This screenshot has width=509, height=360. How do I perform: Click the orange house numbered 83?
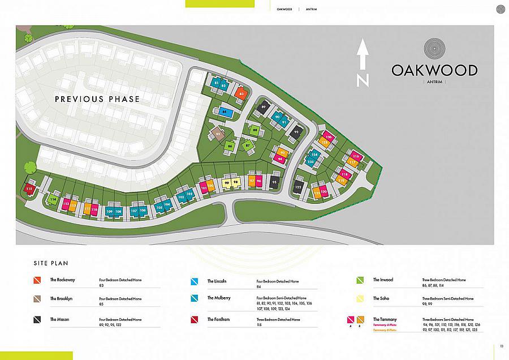(x=241, y=93)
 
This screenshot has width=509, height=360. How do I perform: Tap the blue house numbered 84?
(x=225, y=112)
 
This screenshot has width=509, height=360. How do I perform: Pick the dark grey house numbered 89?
(x=264, y=106)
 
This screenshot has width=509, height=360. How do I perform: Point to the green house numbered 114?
(x=54, y=199)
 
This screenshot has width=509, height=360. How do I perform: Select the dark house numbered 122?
(x=298, y=187)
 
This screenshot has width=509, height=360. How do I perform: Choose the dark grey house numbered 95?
(x=274, y=182)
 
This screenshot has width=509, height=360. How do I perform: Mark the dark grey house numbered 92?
(x=296, y=132)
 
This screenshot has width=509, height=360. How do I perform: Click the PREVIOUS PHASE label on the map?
(x=97, y=99)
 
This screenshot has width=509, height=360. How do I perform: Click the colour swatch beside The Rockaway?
(x=37, y=281)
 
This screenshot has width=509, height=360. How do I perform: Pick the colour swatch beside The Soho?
(x=360, y=299)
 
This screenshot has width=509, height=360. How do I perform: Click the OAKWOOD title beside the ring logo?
(x=434, y=71)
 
